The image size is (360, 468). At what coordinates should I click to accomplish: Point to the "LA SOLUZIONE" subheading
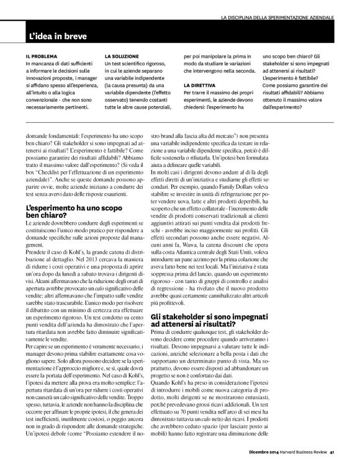[x=122, y=55]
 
